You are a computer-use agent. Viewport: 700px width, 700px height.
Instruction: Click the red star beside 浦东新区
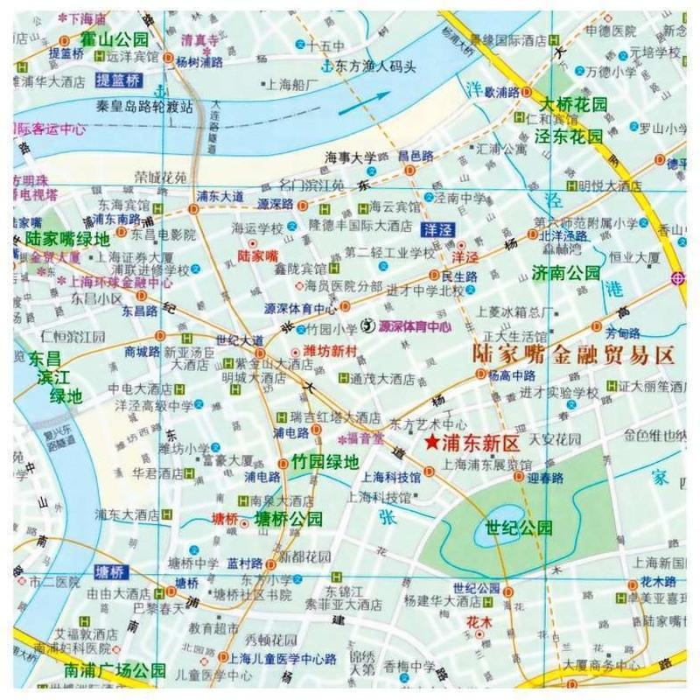430,443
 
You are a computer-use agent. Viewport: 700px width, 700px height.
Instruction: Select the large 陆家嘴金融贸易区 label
573,354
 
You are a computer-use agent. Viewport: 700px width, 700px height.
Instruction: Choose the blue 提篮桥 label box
117,80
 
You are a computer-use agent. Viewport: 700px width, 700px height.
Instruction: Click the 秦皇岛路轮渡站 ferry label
144,105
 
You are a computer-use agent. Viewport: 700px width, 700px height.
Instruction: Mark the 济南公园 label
566,273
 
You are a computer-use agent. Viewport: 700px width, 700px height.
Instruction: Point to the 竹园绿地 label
325,461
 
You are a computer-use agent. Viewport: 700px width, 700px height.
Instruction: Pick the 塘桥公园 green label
288,519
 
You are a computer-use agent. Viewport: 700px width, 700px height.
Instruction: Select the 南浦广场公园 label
115,671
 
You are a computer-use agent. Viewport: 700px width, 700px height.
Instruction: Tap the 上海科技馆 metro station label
391,478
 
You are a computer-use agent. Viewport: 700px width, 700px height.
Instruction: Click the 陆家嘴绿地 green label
67,238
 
